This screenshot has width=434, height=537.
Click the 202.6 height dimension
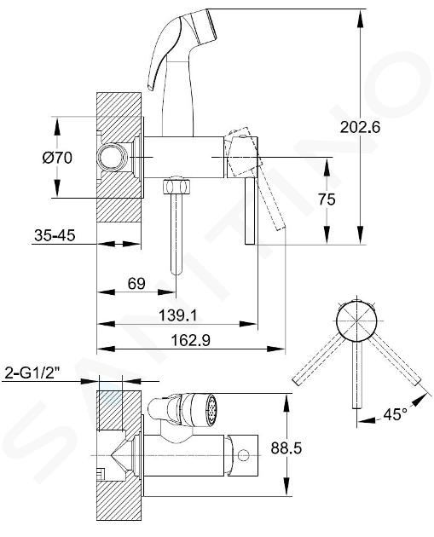click(360, 127)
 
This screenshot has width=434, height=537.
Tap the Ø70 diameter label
click(57, 158)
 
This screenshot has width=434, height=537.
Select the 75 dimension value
click(327, 199)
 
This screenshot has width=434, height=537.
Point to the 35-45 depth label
click(55, 235)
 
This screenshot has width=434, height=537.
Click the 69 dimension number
click(136, 284)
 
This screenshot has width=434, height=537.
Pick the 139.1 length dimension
click(178, 315)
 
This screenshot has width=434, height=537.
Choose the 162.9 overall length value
click(190, 340)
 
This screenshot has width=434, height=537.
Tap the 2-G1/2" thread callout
click(31, 373)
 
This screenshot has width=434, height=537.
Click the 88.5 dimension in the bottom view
click(286, 447)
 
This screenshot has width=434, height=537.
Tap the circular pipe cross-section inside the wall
click(112, 157)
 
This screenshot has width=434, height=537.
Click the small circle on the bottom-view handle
click(244, 455)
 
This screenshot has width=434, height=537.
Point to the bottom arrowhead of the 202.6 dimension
click(360, 235)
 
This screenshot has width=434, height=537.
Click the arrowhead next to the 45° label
click(420, 399)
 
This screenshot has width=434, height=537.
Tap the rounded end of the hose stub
click(176, 271)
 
